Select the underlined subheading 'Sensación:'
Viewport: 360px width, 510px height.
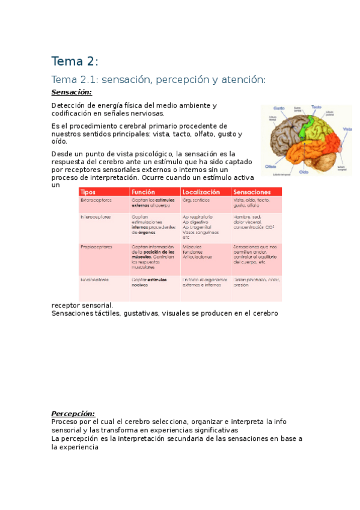(72, 92)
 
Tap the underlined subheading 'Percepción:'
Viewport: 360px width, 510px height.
(73, 413)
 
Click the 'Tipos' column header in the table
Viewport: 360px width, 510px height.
(88, 192)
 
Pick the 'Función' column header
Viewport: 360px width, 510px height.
(143, 192)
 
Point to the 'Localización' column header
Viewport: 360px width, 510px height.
(201, 192)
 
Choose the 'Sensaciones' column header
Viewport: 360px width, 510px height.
(252, 192)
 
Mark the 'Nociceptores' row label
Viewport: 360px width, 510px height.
(95, 280)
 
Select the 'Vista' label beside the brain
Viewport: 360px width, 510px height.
(346, 129)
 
